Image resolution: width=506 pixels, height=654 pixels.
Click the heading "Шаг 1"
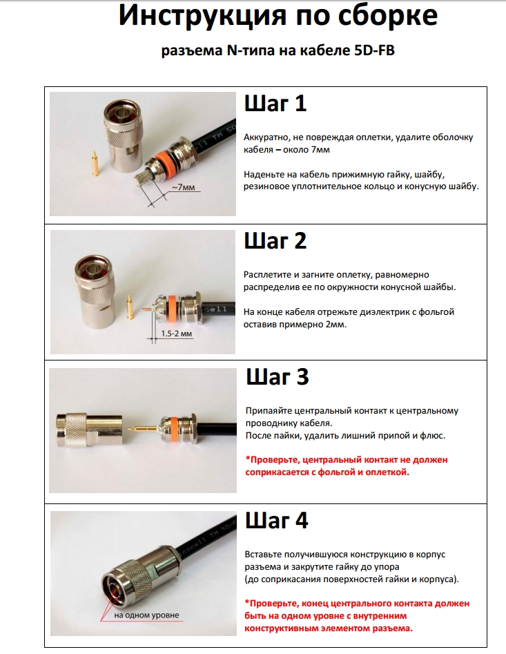pyautogui.click(x=275, y=104)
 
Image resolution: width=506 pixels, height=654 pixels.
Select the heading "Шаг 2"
pyautogui.click(x=275, y=241)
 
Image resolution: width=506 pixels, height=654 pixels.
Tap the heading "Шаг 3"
pyautogui.click(x=278, y=377)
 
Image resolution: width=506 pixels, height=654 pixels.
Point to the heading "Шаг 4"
pyautogui.click(x=276, y=521)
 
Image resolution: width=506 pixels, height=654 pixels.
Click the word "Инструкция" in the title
pyautogui.click(x=202, y=16)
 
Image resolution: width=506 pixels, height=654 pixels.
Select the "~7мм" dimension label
pyautogui.click(x=184, y=188)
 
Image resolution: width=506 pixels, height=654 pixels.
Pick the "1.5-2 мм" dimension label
pyautogui.click(x=177, y=334)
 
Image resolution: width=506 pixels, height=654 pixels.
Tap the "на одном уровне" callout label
pyautogui.click(x=146, y=615)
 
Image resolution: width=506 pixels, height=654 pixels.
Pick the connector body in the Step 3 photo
pyautogui.click(x=90, y=430)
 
